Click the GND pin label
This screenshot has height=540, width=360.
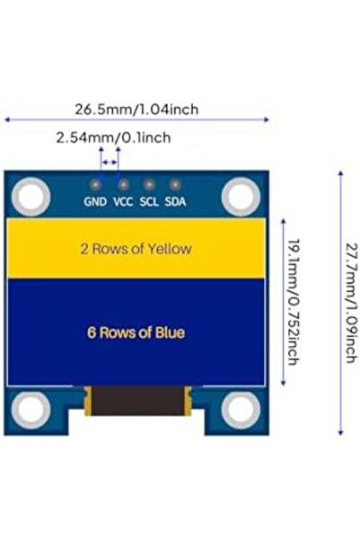pyautogui.click(x=95, y=202)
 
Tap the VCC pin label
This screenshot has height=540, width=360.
pyautogui.click(x=123, y=202)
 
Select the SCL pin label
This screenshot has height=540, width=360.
pyautogui.click(x=149, y=202)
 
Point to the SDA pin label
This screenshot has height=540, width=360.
pyautogui.click(x=176, y=202)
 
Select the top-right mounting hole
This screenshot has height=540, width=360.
pyautogui.click(x=240, y=195)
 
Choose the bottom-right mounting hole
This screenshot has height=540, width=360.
pyautogui.click(x=240, y=410)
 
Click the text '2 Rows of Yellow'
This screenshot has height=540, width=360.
pyautogui.click(x=136, y=249)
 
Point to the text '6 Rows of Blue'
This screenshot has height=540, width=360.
pyautogui.click(x=136, y=332)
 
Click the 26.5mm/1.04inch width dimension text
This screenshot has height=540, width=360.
pyautogui.click(x=136, y=110)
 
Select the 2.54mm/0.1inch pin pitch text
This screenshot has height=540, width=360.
pyautogui.click(x=112, y=138)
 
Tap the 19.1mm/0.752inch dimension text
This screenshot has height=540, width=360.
pyautogui.click(x=291, y=302)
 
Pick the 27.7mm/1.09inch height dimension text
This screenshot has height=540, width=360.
pyautogui.click(x=349, y=303)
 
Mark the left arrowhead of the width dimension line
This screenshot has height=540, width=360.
pyautogui.click(x=8, y=119)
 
